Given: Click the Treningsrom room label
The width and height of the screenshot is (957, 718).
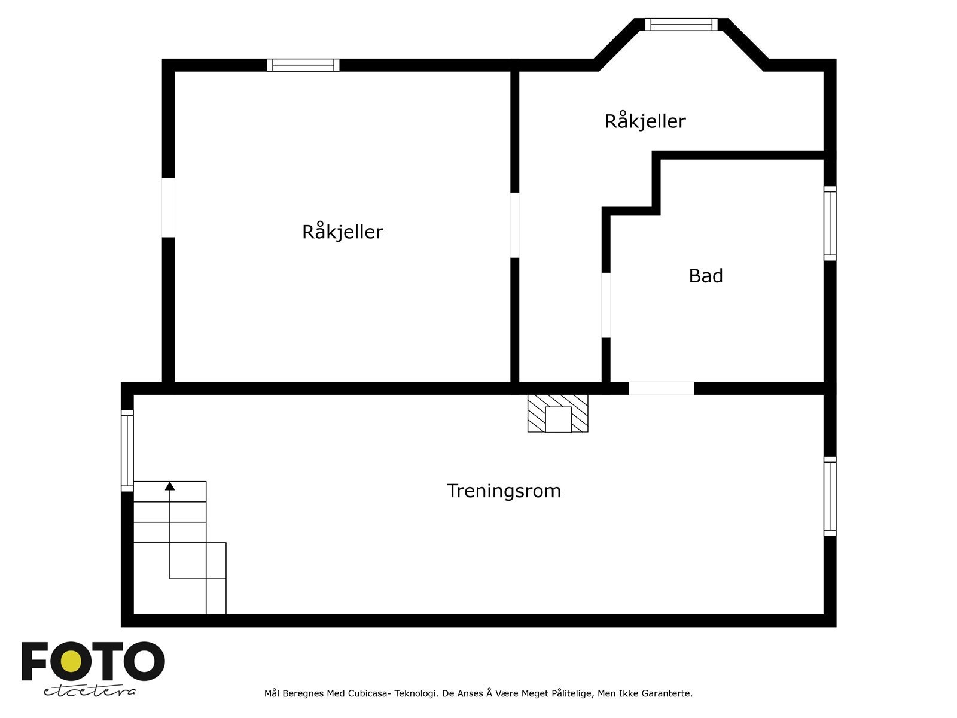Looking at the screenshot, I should [504, 491].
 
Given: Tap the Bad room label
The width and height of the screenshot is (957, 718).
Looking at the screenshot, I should [706, 276].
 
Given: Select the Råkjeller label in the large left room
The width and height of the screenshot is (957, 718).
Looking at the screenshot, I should [342, 232].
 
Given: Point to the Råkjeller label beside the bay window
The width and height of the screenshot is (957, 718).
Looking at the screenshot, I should [645, 121].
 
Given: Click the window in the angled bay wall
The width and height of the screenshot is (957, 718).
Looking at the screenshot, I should [681, 25].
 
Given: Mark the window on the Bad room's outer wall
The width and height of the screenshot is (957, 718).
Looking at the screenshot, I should [830, 223].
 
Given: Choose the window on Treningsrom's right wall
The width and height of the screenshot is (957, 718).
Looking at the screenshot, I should [830, 496].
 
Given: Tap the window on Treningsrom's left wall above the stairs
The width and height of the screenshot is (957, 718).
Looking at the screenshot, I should [127, 451].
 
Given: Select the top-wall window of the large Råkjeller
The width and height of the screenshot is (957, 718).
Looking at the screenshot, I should [303, 65].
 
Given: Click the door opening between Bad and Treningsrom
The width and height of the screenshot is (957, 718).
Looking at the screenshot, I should [661, 388].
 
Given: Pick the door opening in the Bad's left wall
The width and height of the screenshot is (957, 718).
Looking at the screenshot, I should [606, 305].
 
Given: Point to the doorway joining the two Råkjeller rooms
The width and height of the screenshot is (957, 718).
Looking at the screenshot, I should [514, 225].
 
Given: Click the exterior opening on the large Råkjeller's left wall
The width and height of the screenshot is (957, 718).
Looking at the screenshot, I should [169, 208].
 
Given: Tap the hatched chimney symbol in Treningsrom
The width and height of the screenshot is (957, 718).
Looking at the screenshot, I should [557, 413].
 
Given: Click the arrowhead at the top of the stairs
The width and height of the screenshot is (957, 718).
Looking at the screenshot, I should [170, 486].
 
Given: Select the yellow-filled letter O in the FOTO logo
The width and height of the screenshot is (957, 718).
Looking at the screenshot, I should [72, 661].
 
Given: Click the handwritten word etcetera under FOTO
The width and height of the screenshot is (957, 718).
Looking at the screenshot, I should [90, 691].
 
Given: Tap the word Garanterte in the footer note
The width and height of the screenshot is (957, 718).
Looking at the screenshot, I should [668, 694].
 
